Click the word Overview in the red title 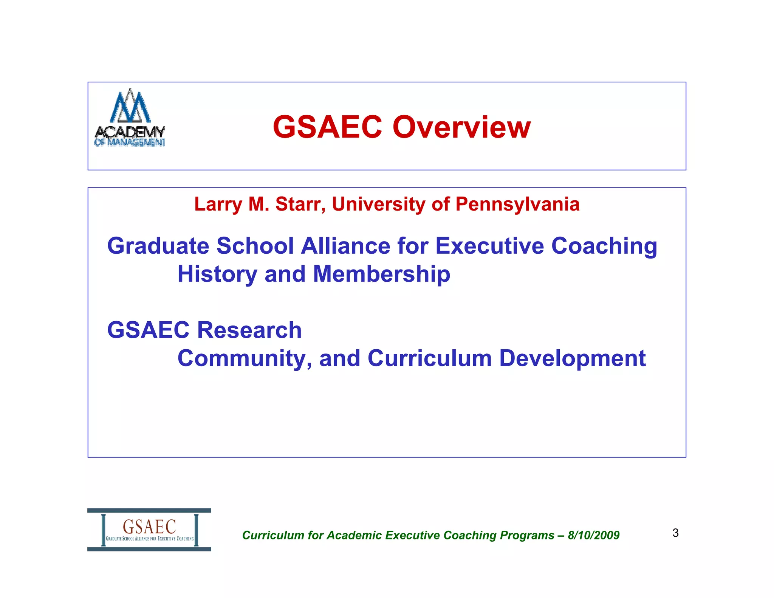(461, 127)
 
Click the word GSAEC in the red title (327, 127)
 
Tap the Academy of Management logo (130, 118)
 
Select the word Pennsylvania (517, 204)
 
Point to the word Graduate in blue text (158, 246)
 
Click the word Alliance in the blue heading (345, 246)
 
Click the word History (217, 274)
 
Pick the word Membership (382, 274)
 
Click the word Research (249, 330)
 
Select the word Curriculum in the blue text (429, 358)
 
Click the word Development (572, 358)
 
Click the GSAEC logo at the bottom (149, 530)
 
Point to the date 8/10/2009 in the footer (593, 535)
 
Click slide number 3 (675, 533)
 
